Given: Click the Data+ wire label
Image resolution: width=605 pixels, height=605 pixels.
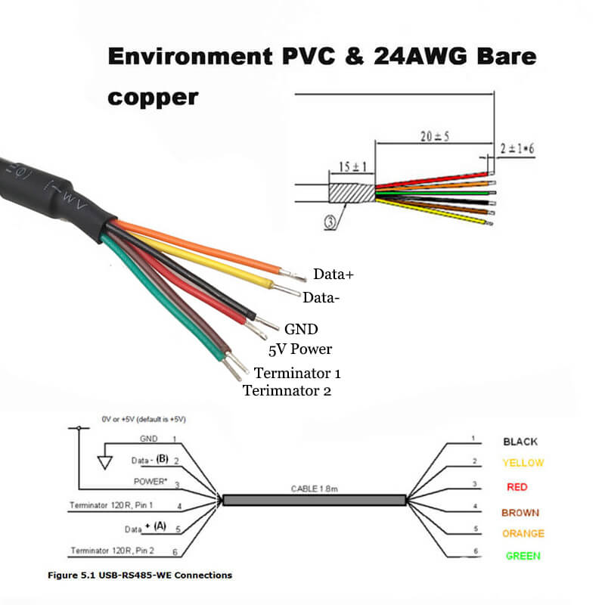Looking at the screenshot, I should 334,275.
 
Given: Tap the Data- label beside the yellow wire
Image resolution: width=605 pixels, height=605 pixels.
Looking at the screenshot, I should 321,298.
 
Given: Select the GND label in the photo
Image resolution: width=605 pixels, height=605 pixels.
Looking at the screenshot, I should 301,329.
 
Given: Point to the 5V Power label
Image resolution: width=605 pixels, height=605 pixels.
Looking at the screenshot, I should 300,349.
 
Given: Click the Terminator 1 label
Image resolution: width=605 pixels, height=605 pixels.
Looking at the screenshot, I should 297,373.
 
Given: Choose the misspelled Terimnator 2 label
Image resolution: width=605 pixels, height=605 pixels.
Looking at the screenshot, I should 287,391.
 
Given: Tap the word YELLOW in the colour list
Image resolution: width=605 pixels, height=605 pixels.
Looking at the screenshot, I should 523,463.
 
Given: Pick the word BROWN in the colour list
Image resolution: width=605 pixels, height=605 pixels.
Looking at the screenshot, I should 520,513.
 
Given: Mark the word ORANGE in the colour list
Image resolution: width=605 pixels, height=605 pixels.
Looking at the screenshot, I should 523,533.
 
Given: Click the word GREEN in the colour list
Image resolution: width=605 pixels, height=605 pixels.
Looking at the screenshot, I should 523,556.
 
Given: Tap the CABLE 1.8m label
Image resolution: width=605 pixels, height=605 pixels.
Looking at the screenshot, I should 313,490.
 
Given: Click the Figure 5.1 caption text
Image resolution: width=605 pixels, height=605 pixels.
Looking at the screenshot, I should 140,576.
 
